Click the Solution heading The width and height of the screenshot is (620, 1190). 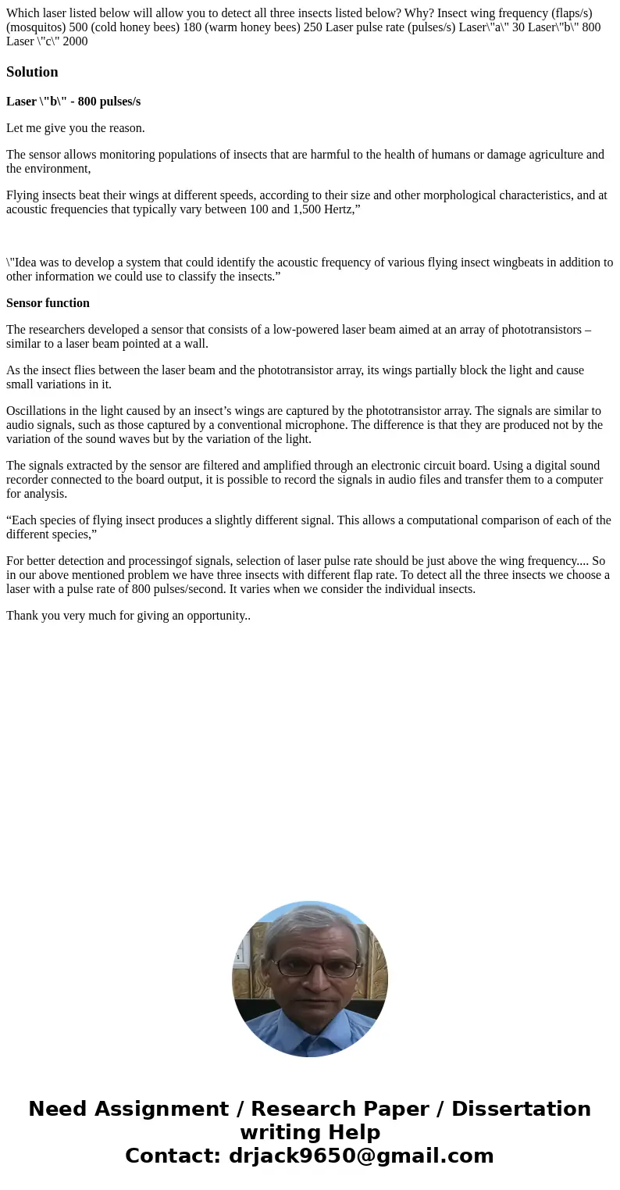click(x=32, y=72)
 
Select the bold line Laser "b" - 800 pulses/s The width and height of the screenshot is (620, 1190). click(x=73, y=102)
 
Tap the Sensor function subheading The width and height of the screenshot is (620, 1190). click(x=48, y=303)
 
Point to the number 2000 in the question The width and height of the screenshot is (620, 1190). click(x=75, y=41)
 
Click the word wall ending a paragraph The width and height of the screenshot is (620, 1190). click(x=196, y=344)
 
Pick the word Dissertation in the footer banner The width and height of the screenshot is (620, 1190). click(x=521, y=1109)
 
